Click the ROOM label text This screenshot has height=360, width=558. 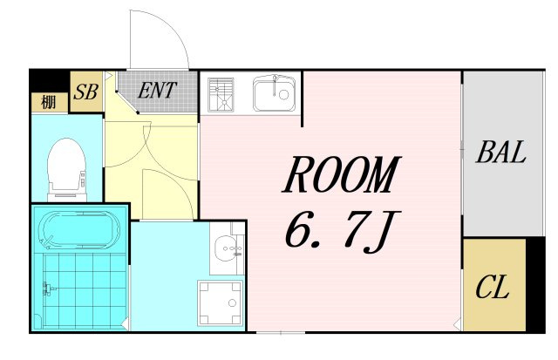(341, 174)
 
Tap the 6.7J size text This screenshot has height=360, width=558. (343, 231)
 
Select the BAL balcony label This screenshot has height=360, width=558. (501, 152)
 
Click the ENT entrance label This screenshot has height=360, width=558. (157, 90)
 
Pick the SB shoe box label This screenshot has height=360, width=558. (85, 92)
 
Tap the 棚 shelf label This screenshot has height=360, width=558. (49, 103)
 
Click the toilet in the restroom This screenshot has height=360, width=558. (67, 168)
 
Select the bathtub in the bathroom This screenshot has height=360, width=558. (78, 230)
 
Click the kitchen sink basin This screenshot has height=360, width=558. (275, 93)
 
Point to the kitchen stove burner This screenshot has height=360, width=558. (221, 92)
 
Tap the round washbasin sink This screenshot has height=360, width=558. (226, 246)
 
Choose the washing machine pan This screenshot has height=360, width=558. (221, 302)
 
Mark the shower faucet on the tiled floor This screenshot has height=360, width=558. (48, 289)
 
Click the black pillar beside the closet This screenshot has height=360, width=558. (535, 284)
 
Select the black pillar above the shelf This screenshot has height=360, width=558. (49, 81)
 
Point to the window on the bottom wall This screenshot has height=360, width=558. (281, 333)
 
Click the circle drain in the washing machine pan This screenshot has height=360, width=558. (233, 302)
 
